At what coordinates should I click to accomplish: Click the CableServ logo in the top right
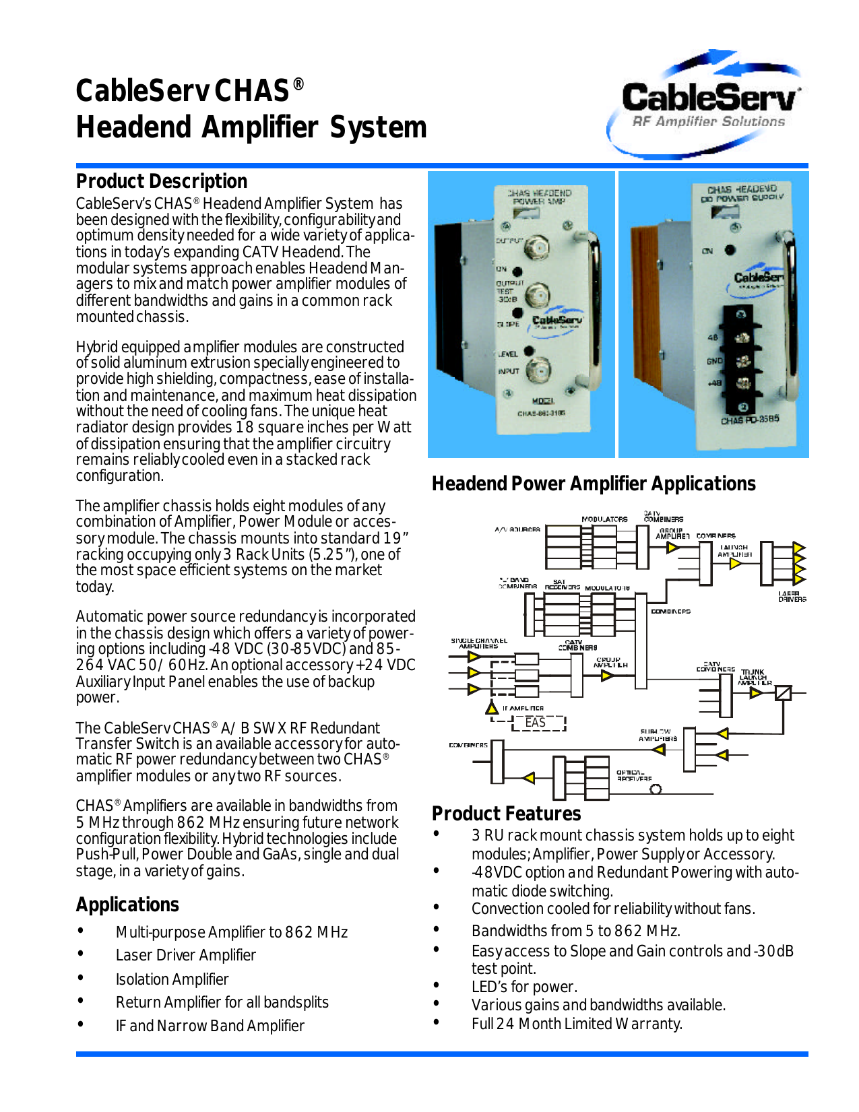(x=707, y=101)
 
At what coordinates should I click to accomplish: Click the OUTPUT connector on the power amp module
(x=536, y=247)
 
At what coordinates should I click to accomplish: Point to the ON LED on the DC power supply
(x=730, y=250)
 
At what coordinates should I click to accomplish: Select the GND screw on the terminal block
(x=742, y=362)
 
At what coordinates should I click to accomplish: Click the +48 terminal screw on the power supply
(x=742, y=384)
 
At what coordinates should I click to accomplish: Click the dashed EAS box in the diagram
(x=538, y=723)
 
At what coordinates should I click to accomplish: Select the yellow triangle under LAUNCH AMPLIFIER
(x=736, y=563)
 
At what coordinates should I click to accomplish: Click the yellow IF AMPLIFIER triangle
(x=492, y=708)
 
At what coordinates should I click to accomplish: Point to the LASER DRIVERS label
(x=792, y=597)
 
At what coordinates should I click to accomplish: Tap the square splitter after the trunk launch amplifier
(x=783, y=692)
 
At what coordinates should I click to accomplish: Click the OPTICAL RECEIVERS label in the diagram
(x=633, y=775)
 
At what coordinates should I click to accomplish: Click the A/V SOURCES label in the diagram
(x=517, y=529)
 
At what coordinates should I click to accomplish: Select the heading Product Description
(x=161, y=181)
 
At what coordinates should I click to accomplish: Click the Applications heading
(x=127, y=905)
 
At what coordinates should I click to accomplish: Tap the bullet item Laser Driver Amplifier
(x=185, y=955)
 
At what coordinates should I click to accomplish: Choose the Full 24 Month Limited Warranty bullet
(x=576, y=1024)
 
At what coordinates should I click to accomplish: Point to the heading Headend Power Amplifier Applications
(x=593, y=484)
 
